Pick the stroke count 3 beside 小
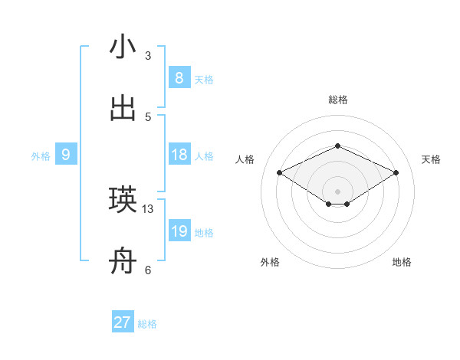148,55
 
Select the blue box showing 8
179,78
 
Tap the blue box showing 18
179,155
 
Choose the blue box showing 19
179,231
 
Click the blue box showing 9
66,155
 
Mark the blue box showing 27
123,322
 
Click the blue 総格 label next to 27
147,324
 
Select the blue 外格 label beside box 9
41,155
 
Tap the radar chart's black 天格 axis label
431,159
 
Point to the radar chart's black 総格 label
337,100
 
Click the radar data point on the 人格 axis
280,172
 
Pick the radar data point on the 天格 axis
396,172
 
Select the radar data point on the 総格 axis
337,146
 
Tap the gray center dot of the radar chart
337,191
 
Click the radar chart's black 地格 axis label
402,262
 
